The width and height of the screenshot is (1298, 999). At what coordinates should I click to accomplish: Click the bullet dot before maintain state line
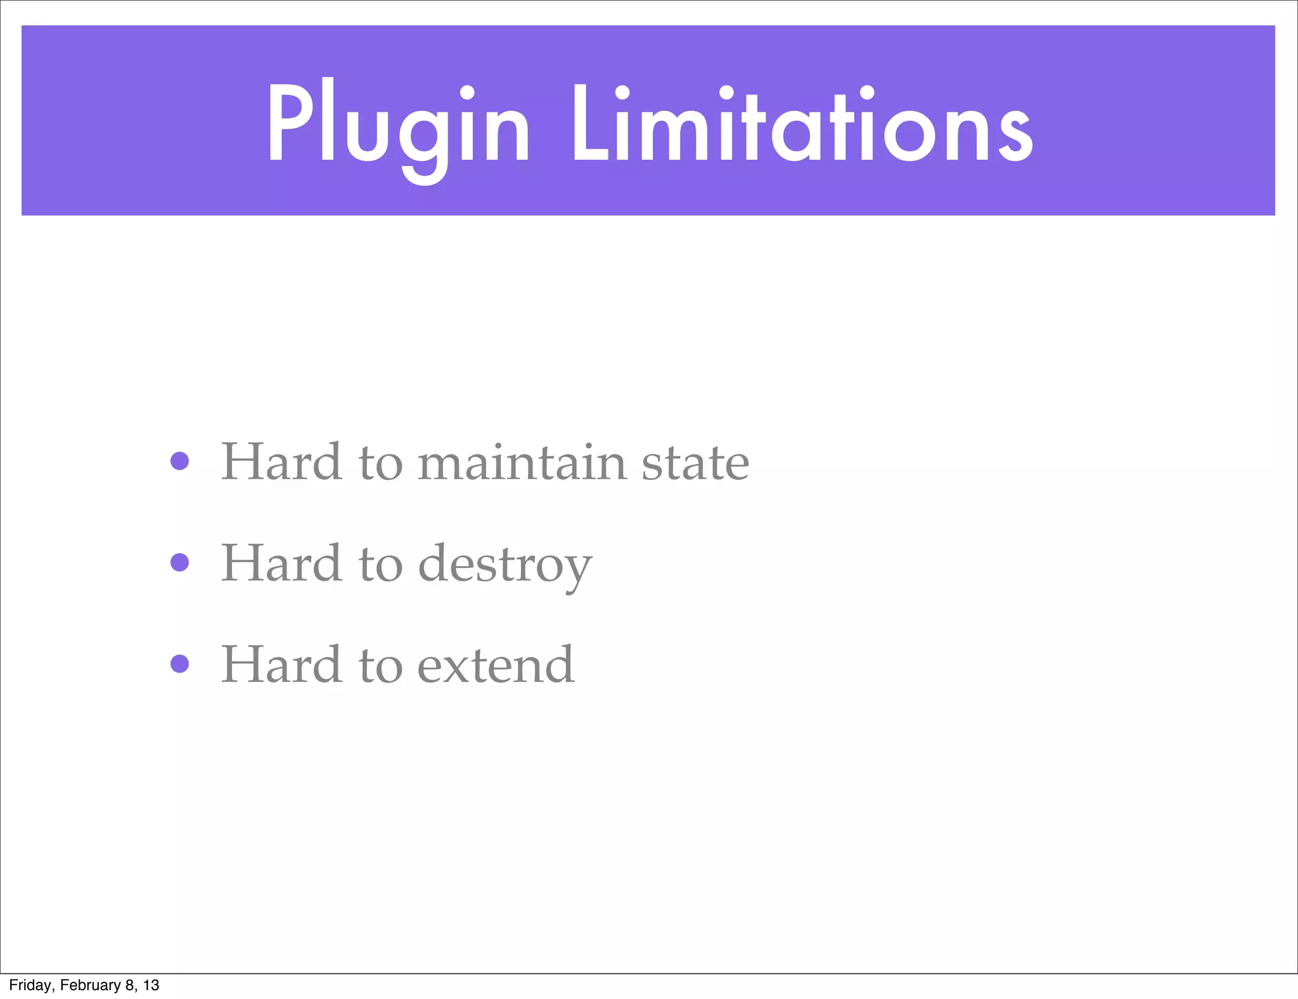point(180,461)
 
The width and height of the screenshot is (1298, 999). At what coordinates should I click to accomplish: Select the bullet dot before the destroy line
point(180,562)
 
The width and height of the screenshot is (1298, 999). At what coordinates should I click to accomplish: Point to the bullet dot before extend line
point(180,664)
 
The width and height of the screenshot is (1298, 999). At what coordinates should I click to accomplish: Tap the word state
point(695,463)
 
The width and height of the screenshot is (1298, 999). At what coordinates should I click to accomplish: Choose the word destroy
point(505,565)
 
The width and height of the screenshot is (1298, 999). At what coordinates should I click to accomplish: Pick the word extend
point(496,665)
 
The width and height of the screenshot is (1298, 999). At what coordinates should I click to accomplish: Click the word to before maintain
point(380,463)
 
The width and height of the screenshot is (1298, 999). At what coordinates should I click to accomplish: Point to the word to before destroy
point(380,565)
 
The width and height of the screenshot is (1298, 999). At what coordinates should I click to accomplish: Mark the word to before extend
point(380,666)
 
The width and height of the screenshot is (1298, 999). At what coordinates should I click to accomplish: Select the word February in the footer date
point(90,985)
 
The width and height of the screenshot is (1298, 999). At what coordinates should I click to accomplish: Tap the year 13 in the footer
point(151,985)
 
